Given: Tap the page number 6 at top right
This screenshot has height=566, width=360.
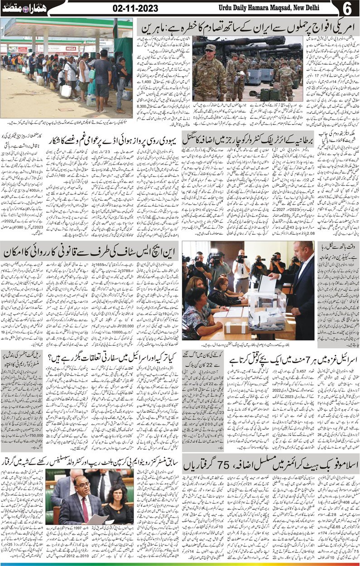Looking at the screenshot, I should click(347, 8).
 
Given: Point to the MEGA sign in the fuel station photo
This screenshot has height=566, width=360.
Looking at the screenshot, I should click(71, 48).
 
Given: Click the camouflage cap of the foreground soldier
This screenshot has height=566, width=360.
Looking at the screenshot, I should click(211, 48).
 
